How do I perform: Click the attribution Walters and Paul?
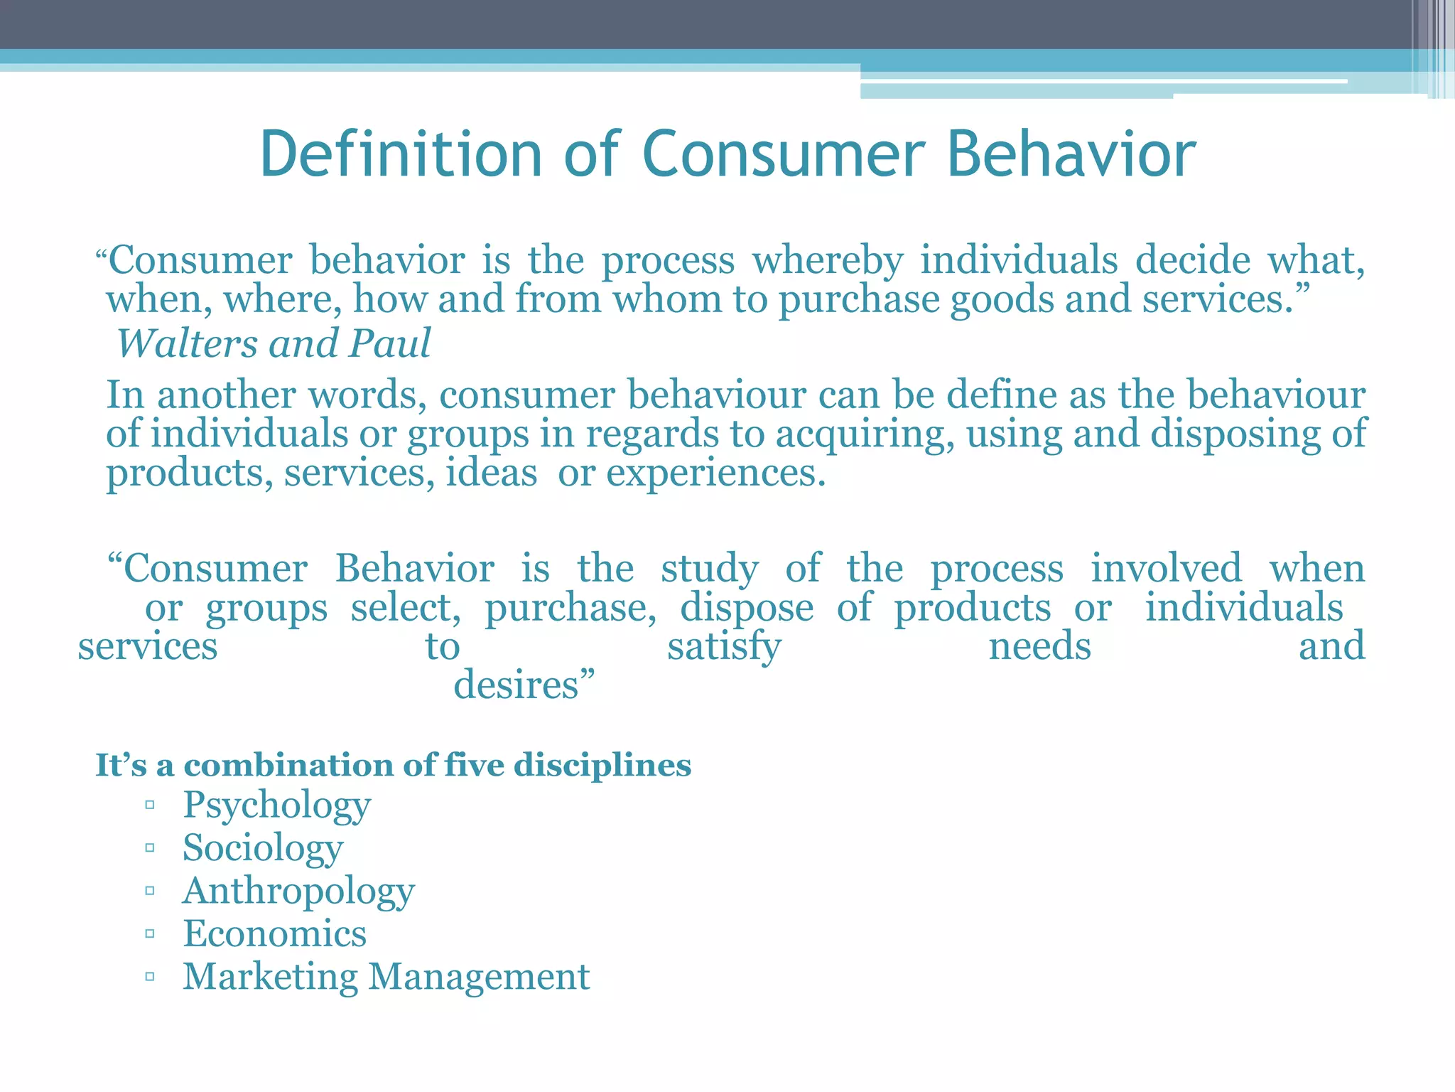(x=274, y=344)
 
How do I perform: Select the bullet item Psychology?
(x=276, y=805)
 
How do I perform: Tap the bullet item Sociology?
(x=263, y=848)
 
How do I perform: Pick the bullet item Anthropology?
(x=298, y=892)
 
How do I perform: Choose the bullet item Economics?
(x=275, y=933)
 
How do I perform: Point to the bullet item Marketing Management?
(x=386, y=977)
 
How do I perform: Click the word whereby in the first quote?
(x=828, y=260)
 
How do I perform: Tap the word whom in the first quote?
(x=668, y=299)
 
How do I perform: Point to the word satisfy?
(x=724, y=647)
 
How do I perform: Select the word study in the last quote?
(x=709, y=569)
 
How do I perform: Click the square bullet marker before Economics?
(x=149, y=934)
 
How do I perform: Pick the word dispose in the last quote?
(x=747, y=608)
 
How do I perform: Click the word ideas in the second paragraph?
(x=491, y=473)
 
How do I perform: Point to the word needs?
(x=1039, y=647)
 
